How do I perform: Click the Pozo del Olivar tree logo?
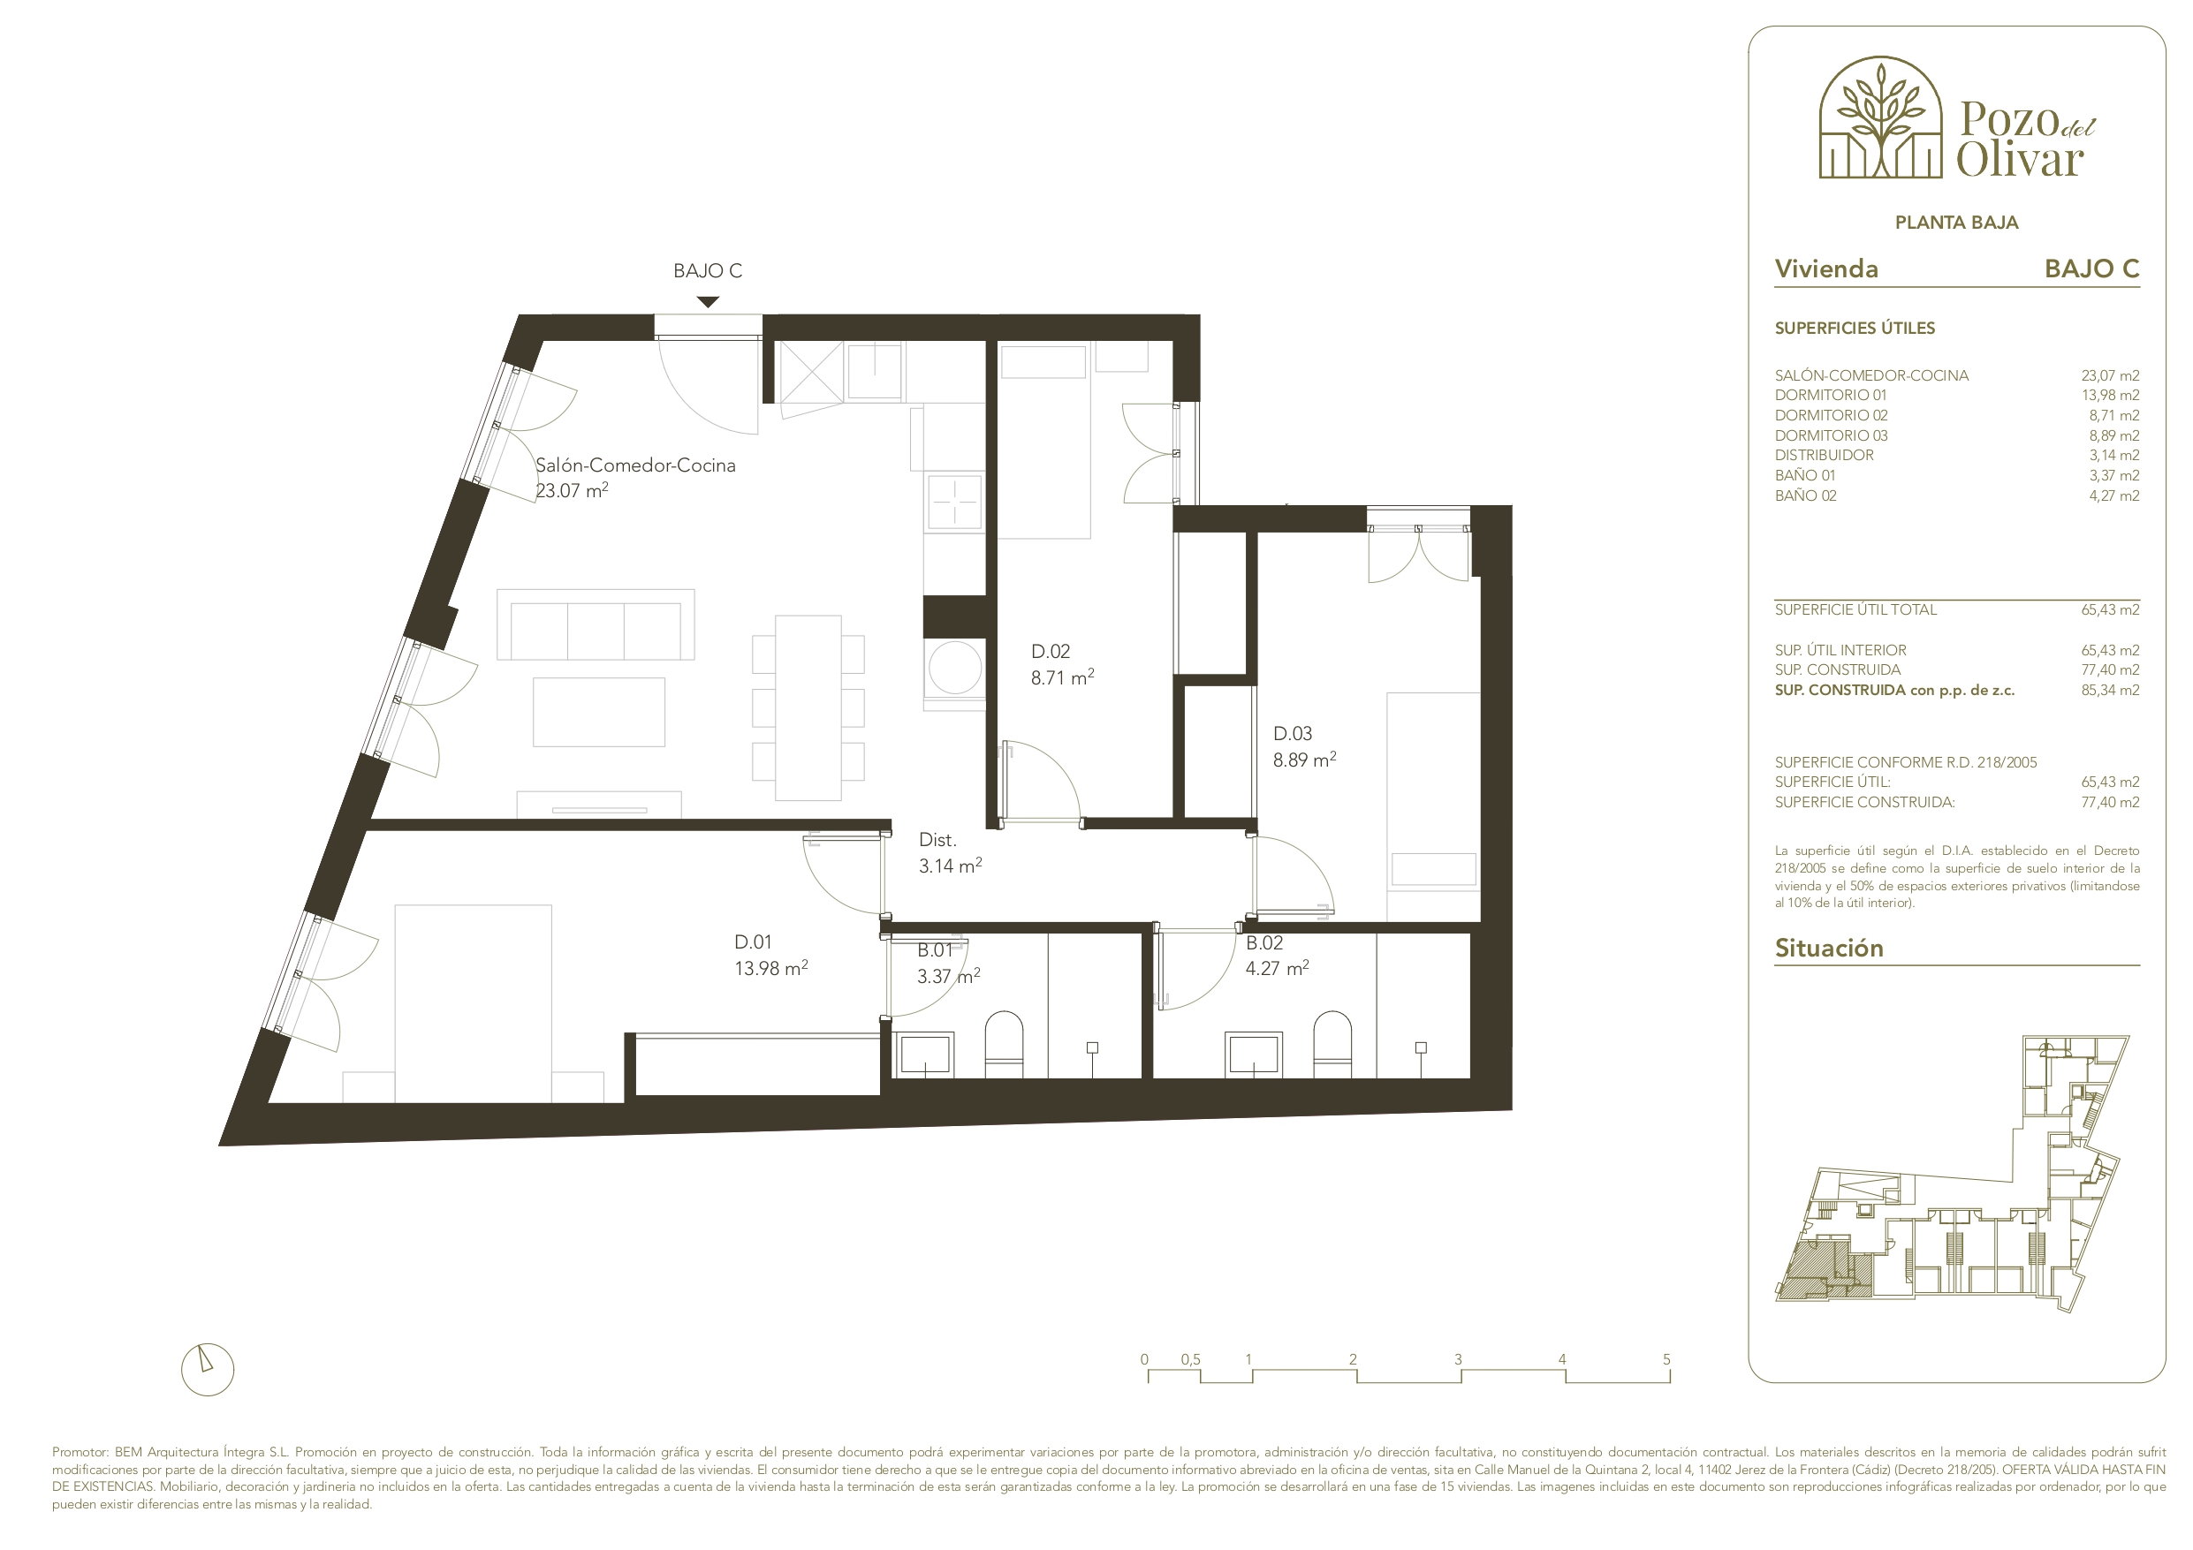(x=1879, y=117)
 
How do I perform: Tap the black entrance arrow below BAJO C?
(x=708, y=302)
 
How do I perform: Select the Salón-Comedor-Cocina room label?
(x=635, y=478)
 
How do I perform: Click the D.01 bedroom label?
(x=770, y=955)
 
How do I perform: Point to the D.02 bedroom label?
(x=1062, y=665)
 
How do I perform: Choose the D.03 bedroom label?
(x=1305, y=747)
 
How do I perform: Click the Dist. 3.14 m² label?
(x=951, y=853)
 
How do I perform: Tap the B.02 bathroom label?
(x=1277, y=955)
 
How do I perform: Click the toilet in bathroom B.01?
(x=1004, y=1044)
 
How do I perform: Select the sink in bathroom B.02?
(x=1255, y=1055)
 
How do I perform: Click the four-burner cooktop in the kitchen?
(x=954, y=501)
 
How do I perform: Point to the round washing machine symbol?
(x=955, y=667)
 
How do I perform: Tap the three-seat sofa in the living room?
(x=595, y=624)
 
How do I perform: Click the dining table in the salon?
(x=808, y=707)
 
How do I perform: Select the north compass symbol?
(x=208, y=1370)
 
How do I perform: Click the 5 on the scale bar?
(x=1666, y=1359)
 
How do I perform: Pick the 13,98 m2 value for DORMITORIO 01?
(x=2110, y=396)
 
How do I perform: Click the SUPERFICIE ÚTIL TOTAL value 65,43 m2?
(x=2110, y=609)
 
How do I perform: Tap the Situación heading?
(x=1829, y=948)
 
